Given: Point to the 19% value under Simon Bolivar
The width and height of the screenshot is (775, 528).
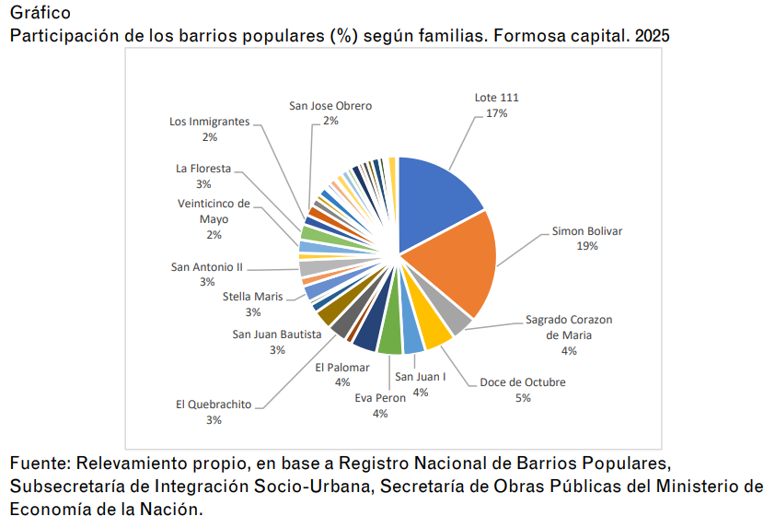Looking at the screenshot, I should (587, 246).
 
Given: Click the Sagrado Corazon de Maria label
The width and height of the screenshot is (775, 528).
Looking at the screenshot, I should (569, 327).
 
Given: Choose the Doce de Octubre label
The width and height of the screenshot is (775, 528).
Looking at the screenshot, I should (523, 382).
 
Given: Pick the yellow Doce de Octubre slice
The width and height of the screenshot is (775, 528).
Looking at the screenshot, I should (434, 330).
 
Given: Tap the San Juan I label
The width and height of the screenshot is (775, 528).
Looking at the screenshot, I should (421, 377).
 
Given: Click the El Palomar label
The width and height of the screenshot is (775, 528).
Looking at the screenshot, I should (341, 367).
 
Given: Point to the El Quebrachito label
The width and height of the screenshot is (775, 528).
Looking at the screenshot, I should (214, 405).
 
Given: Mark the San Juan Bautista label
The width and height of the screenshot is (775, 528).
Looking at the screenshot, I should (277, 334).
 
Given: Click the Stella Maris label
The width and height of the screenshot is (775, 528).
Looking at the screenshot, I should (253, 297).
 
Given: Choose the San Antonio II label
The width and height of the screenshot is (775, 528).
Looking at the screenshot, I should (207, 267).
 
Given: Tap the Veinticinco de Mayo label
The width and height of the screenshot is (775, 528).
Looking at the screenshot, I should (214, 211).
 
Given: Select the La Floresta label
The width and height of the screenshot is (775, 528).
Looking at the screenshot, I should (203, 169).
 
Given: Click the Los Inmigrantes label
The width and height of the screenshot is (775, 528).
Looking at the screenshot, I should (210, 122).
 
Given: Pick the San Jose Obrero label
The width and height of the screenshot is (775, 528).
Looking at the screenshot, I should (330, 106).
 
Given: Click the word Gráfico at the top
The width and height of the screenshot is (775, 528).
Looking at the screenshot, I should (40, 13).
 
